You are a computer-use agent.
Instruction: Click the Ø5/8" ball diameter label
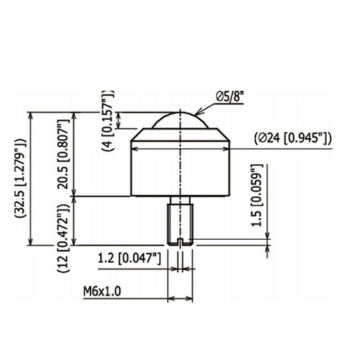pos(230,97)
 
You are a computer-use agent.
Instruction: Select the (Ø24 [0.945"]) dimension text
pos(293,138)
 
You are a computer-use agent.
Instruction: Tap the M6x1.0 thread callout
pos(102,292)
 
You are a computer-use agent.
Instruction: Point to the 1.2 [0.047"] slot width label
pos(130,258)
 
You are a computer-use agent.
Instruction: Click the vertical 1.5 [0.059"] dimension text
pos(257,195)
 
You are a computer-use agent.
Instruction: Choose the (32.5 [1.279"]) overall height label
pos(20,178)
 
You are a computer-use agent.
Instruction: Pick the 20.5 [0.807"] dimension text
pos(63,154)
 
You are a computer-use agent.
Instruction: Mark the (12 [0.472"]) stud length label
pos(63,238)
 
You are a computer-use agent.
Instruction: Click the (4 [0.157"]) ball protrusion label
pos(108,121)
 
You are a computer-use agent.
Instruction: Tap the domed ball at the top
pos(180,120)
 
